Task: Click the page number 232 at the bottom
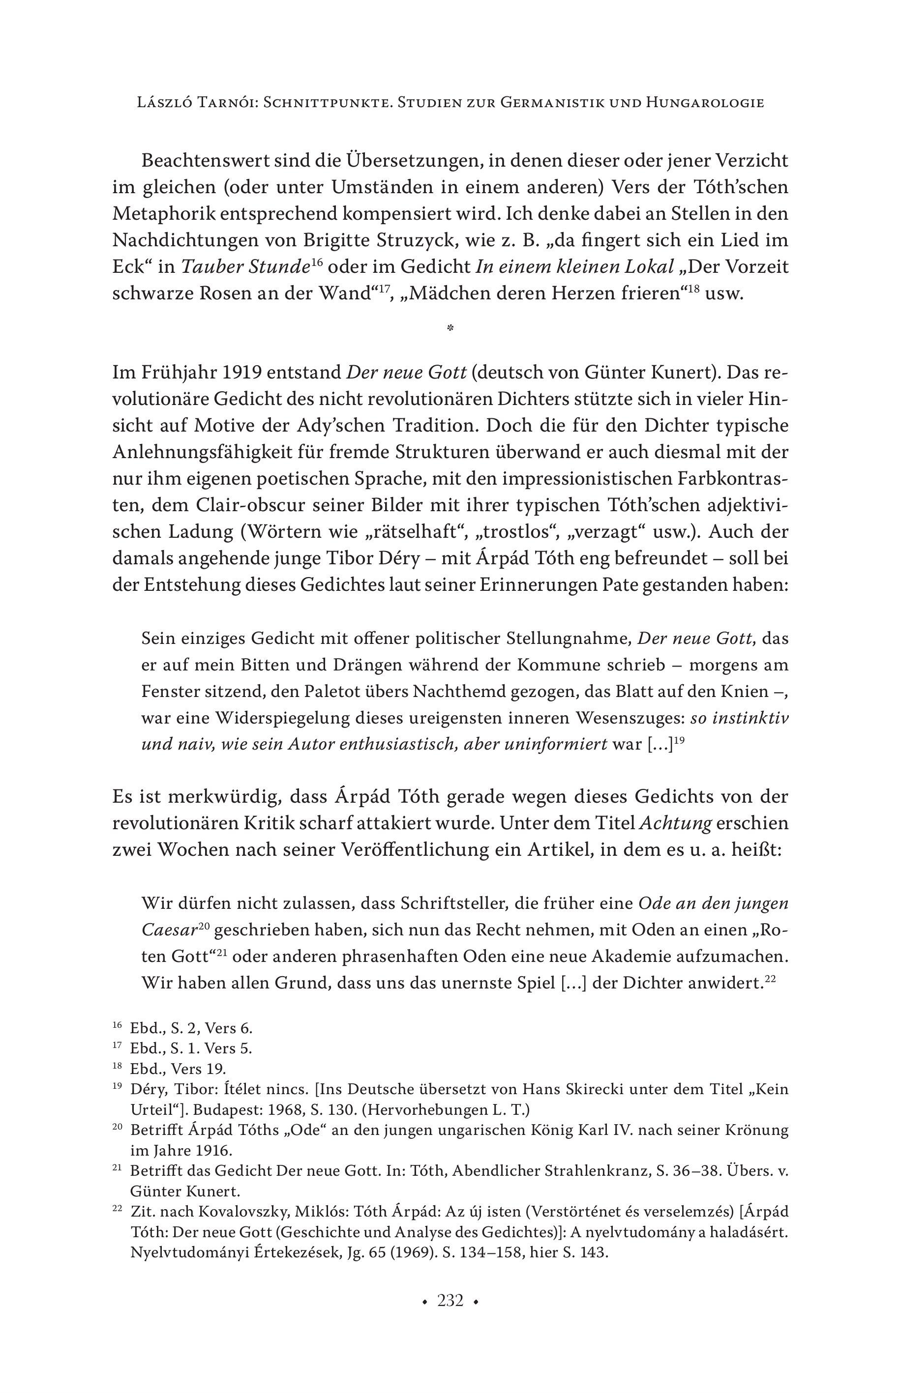click(450, 1301)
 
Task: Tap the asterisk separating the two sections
click(450, 328)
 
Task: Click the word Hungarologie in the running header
click(705, 103)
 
